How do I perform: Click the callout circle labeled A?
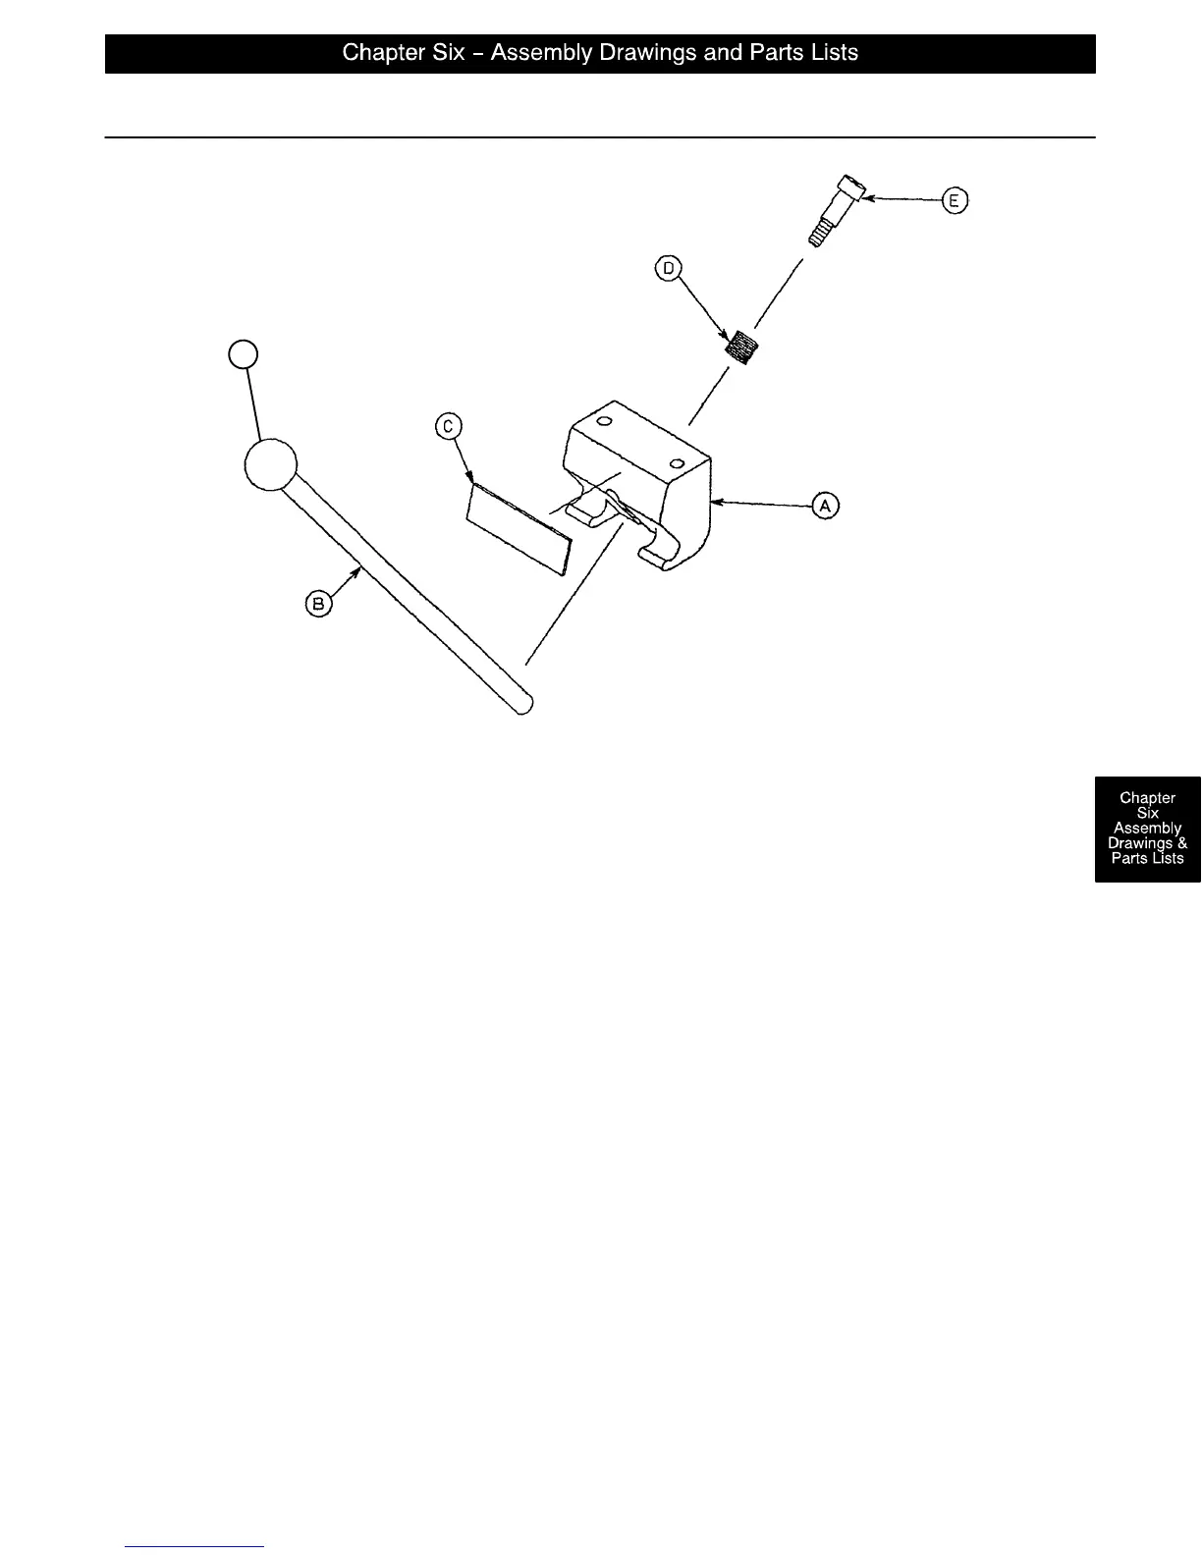[825, 506]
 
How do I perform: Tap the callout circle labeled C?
[448, 426]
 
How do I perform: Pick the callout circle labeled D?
[669, 268]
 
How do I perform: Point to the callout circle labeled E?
[955, 201]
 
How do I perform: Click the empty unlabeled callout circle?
[243, 353]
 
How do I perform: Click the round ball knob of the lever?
[270, 464]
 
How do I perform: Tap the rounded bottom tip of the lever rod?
[524, 703]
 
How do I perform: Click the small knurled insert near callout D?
[743, 348]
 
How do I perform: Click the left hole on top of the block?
[605, 422]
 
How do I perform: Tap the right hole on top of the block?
[677, 462]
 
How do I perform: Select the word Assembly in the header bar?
[538, 53]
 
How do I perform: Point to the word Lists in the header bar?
[831, 53]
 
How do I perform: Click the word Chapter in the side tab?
[1147, 798]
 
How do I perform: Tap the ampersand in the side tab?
[1181, 843]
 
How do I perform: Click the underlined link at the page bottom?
[194, 1546]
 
